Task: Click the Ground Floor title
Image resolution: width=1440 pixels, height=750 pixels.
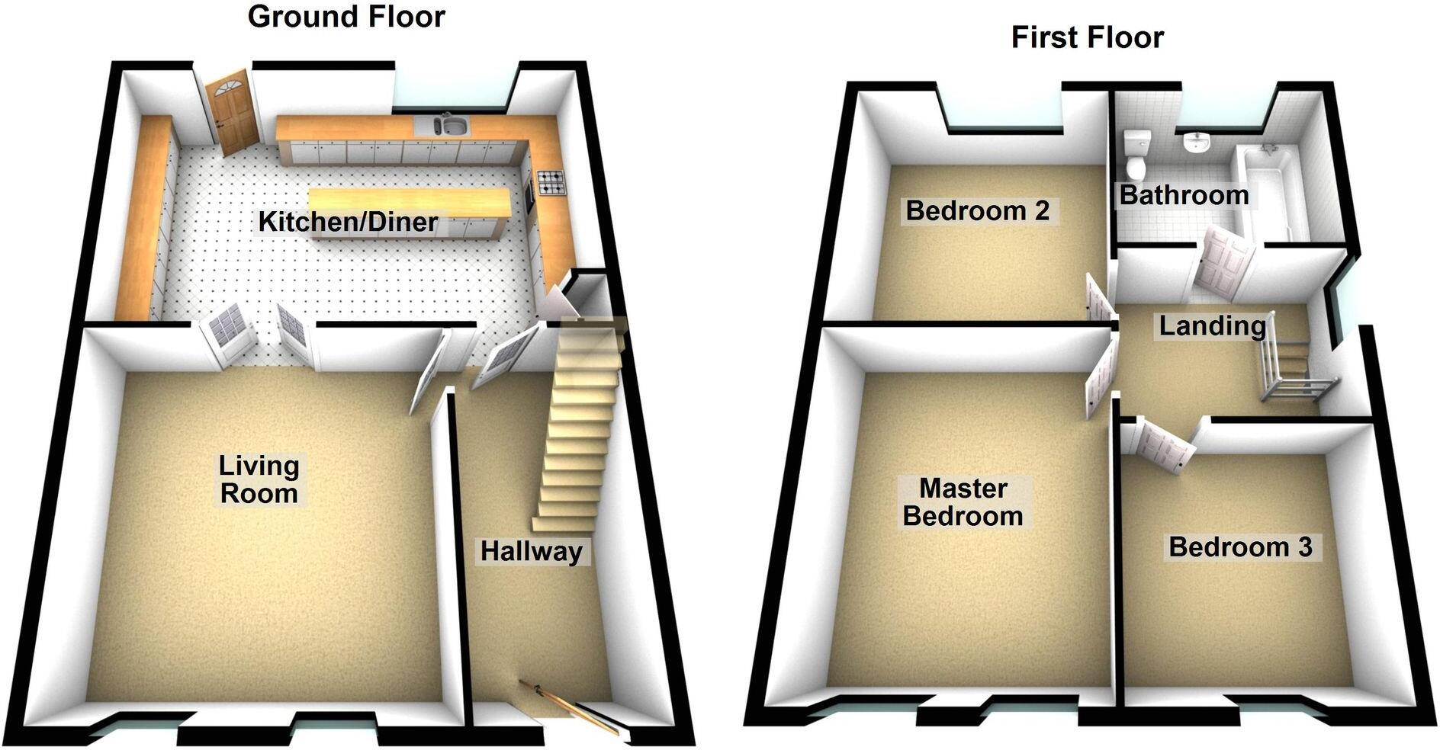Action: coord(346,17)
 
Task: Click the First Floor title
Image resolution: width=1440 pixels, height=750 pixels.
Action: coord(1087,37)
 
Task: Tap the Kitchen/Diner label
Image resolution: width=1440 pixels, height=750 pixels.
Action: coord(349,222)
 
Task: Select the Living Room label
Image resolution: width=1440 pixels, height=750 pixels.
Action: coord(259,479)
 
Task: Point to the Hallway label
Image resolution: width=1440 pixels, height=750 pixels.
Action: coord(532,550)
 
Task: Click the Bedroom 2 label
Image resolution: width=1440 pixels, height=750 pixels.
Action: coord(977,210)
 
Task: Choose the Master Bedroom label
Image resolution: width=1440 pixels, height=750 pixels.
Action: coord(963,502)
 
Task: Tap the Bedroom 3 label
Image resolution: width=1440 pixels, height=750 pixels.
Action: coord(1240,546)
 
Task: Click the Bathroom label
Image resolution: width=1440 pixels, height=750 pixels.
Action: coord(1184,195)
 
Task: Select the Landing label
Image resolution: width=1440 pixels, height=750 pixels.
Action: coord(1212,326)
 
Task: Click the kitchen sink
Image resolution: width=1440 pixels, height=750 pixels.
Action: coord(451,125)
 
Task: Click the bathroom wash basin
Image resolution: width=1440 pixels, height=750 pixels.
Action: coord(1197,143)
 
